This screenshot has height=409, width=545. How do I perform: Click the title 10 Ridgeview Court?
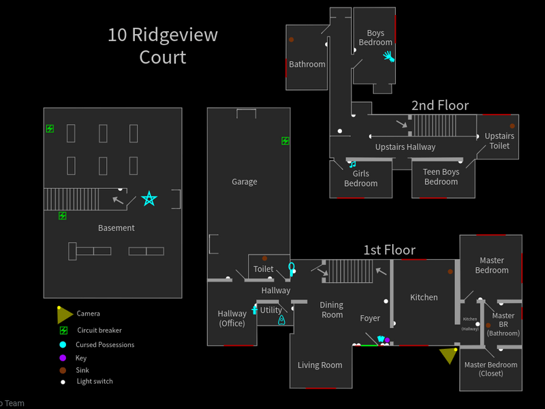[162, 46]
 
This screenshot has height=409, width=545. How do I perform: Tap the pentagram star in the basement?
[149, 199]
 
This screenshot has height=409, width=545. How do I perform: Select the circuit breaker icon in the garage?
[285, 141]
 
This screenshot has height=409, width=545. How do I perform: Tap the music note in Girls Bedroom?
[352, 164]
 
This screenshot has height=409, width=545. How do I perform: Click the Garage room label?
[244, 182]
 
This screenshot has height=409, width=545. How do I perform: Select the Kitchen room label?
[424, 297]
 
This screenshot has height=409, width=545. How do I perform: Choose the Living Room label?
[320, 365]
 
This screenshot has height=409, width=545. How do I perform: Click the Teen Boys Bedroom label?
[441, 177]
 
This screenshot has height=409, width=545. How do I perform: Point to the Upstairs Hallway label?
[405, 147]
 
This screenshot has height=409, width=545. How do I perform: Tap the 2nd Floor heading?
[440, 106]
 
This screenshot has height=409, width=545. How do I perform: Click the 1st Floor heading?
[389, 250]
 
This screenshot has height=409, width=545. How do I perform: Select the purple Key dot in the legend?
[63, 358]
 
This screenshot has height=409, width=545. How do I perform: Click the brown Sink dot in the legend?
[63, 370]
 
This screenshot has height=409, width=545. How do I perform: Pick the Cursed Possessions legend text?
[105, 345]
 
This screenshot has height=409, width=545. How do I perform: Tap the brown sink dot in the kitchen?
[450, 271]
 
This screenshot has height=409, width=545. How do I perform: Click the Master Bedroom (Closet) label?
[490, 369]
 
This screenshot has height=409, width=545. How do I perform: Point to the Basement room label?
[116, 228]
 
